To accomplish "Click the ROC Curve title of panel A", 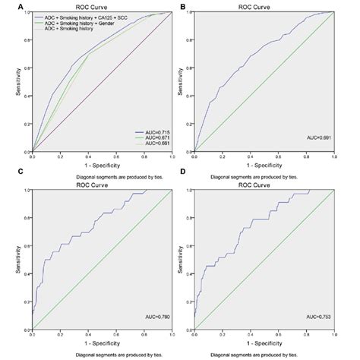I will pos(103,6).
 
